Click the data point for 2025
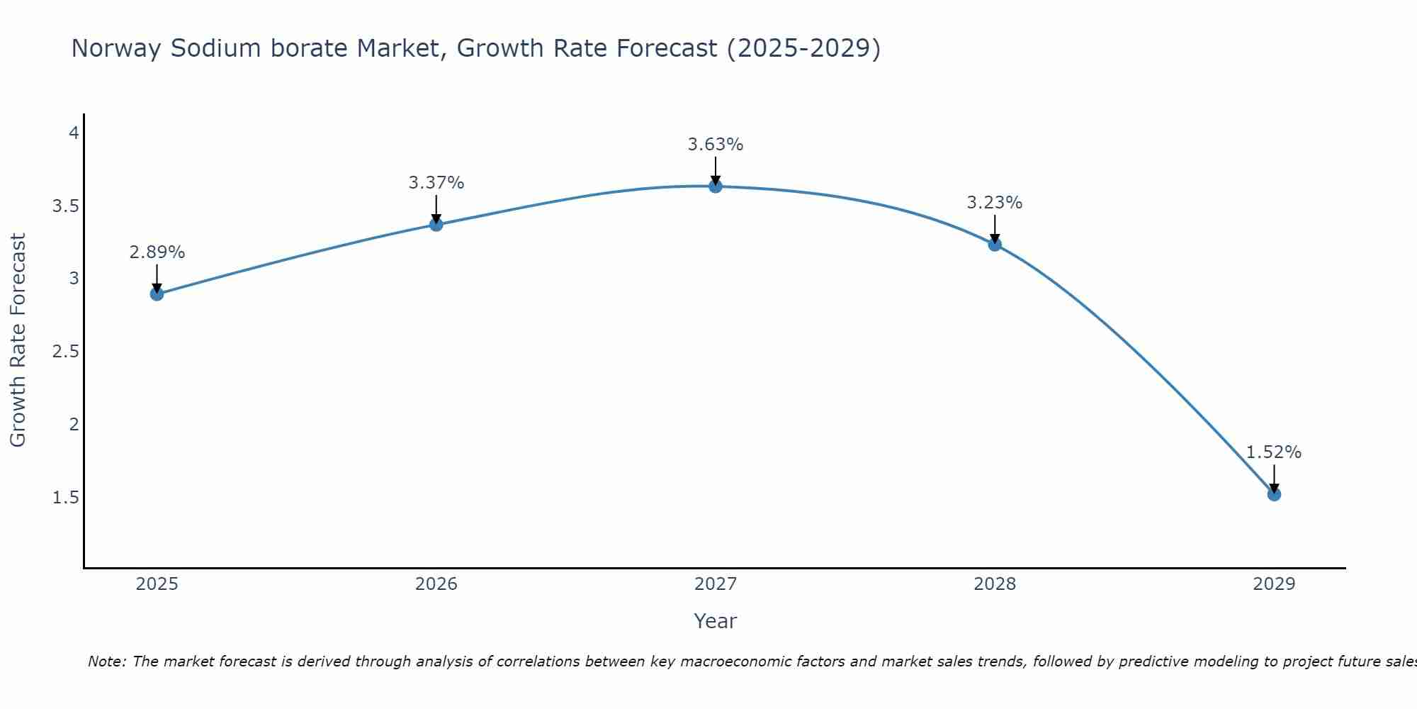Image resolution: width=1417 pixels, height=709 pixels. click(x=157, y=294)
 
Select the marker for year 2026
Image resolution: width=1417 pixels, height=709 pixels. click(x=436, y=224)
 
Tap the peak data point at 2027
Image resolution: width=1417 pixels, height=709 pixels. click(x=716, y=186)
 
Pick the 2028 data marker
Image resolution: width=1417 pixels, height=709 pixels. click(x=995, y=245)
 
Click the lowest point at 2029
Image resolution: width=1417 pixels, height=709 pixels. click(x=1274, y=494)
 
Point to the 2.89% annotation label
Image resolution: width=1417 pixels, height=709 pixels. click(x=157, y=252)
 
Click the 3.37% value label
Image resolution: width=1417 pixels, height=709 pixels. click(x=436, y=183)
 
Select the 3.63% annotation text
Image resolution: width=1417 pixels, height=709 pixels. click(x=716, y=145)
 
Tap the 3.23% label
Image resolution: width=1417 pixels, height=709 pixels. click(x=995, y=203)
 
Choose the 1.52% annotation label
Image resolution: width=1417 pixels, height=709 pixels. click(x=1274, y=452)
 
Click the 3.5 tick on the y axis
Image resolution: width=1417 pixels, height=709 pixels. click(x=65, y=206)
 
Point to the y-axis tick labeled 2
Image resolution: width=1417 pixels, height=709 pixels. click(x=74, y=425)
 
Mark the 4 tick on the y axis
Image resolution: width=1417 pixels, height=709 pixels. click(x=74, y=133)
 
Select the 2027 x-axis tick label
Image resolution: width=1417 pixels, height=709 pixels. click(x=716, y=584)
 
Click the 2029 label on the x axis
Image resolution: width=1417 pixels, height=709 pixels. click(x=1274, y=584)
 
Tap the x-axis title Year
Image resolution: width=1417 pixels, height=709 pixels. click(x=716, y=621)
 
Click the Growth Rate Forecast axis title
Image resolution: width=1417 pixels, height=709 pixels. click(x=18, y=340)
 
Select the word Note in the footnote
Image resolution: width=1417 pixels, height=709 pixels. click(x=106, y=661)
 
